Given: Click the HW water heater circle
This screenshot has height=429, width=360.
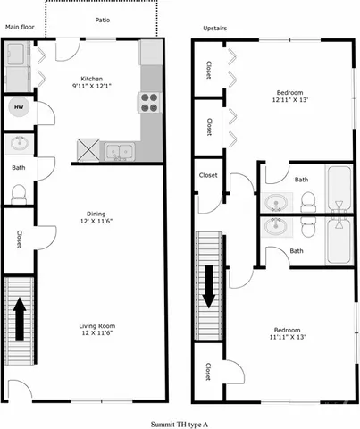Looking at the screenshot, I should [18, 108].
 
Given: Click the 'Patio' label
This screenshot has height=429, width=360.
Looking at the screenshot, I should [105, 20].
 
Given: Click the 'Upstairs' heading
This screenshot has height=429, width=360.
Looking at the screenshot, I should [215, 29].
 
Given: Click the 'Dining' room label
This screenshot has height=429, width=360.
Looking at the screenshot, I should [96, 213].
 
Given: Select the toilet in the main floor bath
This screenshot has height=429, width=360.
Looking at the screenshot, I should [18, 192].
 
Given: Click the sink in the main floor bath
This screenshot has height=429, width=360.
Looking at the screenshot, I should [18, 143].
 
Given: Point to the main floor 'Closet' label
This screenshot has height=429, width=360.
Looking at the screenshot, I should [18, 239].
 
